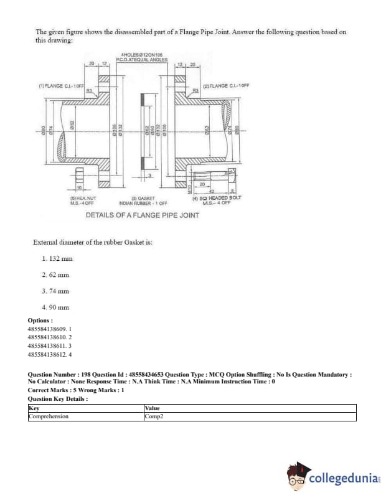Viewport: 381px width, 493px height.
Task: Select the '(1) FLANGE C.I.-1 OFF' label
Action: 61,85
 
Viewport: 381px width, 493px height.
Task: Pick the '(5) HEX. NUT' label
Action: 83,198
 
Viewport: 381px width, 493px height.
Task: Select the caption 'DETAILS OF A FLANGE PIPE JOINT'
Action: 143,215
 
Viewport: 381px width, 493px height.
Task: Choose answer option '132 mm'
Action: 57,258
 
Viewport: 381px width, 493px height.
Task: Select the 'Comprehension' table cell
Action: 49,416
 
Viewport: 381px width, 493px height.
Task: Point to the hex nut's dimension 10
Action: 80,187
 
